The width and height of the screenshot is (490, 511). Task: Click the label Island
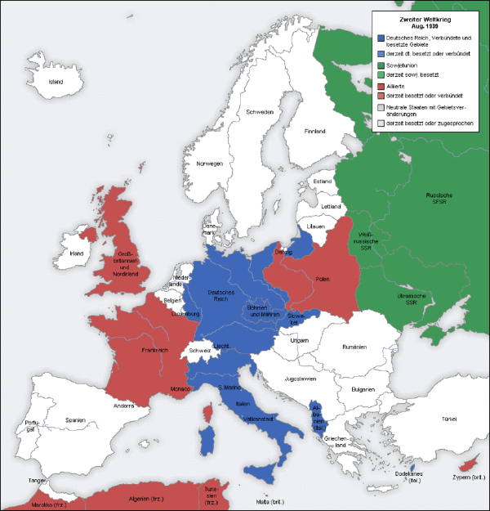56,82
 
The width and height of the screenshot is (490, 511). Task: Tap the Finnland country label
314,131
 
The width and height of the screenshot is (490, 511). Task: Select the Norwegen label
208,164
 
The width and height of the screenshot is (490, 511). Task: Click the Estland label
323,182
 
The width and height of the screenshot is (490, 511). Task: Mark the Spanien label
76,420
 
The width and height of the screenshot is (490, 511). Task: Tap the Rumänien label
356,347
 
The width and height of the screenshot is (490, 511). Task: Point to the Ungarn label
299,340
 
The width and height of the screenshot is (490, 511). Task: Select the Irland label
77,253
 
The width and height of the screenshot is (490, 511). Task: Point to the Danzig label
283,254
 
